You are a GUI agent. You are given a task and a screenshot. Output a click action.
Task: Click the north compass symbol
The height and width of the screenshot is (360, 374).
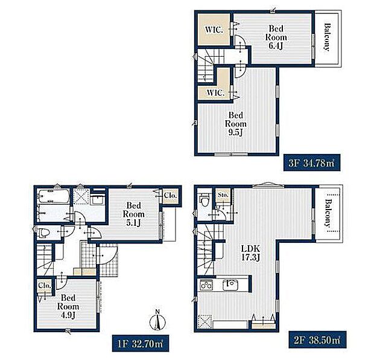pos(157,321)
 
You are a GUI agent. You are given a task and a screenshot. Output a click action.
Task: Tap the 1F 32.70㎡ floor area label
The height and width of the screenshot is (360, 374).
pos(141,344)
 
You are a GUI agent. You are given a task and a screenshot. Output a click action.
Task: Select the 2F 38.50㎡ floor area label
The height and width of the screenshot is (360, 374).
pos(317,339)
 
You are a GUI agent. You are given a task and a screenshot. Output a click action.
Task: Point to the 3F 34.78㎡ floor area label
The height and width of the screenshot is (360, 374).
pos(312,163)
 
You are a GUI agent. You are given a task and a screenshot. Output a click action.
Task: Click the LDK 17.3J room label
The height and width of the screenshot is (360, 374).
pos(250,252)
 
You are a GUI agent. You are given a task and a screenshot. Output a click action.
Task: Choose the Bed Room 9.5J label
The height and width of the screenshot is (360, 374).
pos(236,124)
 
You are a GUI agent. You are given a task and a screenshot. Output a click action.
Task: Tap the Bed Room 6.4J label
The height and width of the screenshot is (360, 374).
pos(276,37)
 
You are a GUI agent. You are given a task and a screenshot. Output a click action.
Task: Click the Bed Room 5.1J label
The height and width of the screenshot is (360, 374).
pos(133,214)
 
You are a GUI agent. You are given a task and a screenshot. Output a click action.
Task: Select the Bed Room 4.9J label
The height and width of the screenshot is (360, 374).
pos(68,306)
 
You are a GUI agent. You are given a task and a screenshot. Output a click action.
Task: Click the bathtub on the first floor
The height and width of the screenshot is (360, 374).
pos(54,196)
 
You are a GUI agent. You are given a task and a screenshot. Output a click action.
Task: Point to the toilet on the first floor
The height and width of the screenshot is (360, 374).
pos(44,233)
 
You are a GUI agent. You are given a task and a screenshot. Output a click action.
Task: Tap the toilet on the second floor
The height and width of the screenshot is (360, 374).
pos(204,200)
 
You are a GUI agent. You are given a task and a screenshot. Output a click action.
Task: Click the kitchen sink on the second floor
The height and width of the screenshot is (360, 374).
pos(231,285)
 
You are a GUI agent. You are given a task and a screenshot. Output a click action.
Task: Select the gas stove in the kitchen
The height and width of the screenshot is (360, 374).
pos(206,285)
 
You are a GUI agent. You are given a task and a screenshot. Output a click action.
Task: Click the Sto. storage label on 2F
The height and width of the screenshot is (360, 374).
pos(223,195)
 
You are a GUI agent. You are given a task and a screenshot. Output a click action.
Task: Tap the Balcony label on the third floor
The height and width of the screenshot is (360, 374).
pos(327,37)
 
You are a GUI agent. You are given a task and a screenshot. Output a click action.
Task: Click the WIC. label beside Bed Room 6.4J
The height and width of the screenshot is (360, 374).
pos(214,30)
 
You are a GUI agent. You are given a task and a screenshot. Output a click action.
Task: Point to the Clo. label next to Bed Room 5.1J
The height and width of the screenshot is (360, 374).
pos(170,196)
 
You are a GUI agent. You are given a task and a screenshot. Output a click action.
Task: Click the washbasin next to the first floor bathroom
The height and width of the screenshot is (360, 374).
pos(98,199)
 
